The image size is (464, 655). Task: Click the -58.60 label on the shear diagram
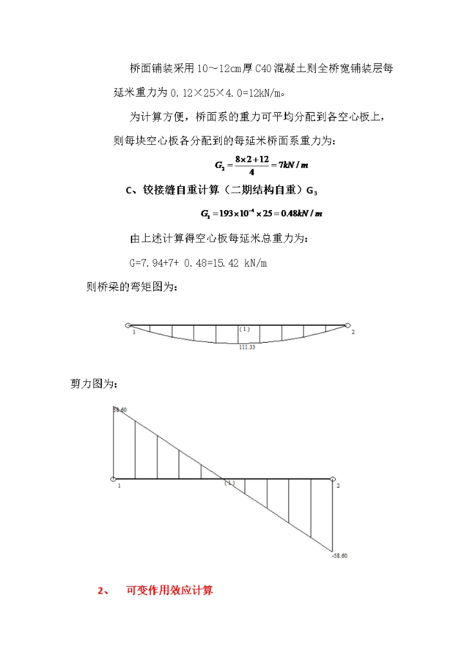(340, 555)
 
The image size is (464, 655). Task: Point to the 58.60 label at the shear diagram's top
(120, 410)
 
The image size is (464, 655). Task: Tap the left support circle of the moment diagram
(129, 326)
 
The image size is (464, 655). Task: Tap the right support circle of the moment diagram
(347, 326)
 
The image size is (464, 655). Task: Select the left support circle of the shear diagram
(113, 479)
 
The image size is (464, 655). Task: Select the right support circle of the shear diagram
(333, 479)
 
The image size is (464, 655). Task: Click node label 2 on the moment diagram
(353, 332)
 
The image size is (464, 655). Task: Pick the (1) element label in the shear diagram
(229, 482)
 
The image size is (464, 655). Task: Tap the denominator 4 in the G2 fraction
(251, 171)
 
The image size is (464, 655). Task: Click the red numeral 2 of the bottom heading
(100, 591)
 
